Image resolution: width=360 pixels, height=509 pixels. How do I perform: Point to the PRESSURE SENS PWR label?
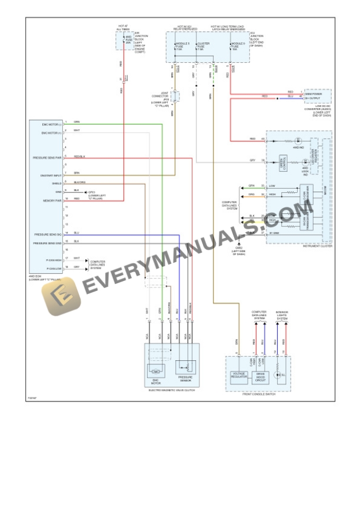[x=47, y=158]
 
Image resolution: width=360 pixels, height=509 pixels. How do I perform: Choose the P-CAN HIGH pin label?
[x=54, y=259]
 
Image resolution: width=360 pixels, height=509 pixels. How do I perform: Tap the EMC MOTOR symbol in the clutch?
[x=156, y=371]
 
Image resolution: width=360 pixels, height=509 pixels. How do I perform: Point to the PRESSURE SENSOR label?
[x=186, y=379]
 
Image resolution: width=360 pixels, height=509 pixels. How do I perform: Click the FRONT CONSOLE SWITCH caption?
[x=258, y=394]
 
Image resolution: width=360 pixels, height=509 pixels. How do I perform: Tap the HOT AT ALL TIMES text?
[x=124, y=28]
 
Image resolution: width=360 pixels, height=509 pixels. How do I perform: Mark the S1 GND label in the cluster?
[x=274, y=233]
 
